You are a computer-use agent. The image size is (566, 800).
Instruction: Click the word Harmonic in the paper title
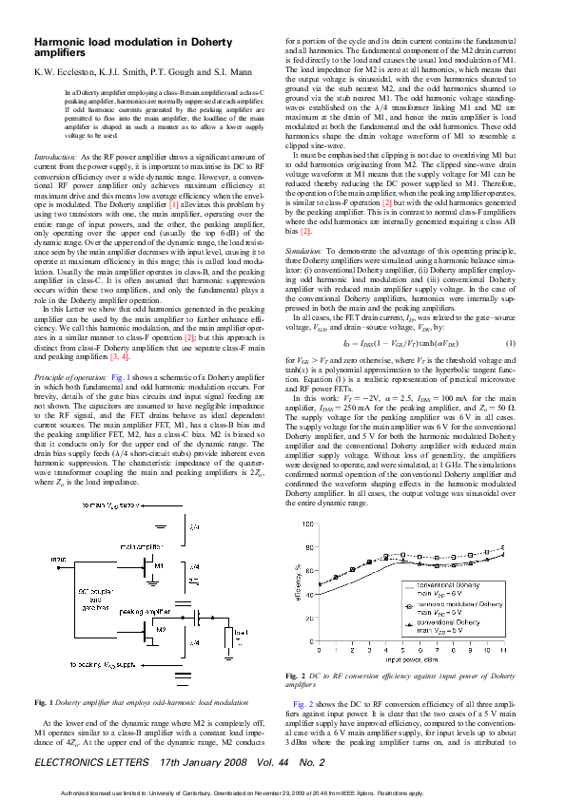[62, 43]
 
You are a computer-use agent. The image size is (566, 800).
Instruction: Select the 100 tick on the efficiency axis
[308, 524]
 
